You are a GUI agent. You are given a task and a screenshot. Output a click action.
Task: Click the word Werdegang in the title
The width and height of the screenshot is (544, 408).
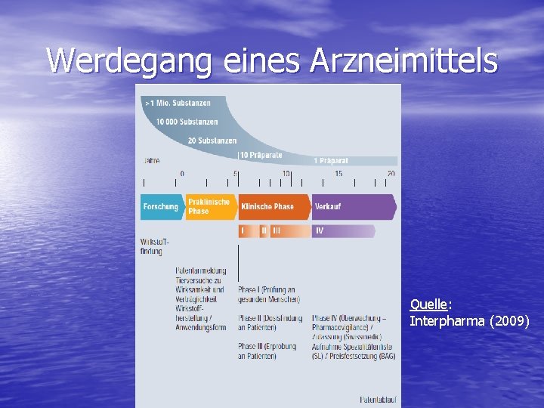129,61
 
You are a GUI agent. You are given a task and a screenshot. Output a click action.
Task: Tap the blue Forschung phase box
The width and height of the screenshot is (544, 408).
161,206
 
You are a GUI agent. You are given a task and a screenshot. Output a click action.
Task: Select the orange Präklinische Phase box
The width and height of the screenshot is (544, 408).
209,206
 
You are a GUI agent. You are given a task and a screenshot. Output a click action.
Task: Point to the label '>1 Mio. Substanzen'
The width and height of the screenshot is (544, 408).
178,103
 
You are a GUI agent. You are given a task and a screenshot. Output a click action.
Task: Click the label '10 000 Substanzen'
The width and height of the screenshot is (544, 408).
187,122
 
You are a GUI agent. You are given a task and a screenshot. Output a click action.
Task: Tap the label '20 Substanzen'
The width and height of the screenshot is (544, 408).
212,141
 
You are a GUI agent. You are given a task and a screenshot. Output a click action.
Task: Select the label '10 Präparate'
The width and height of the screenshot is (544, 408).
261,155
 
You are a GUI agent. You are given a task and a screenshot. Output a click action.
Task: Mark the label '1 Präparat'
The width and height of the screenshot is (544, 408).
331,160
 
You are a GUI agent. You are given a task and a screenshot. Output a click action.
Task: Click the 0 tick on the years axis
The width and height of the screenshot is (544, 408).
181,174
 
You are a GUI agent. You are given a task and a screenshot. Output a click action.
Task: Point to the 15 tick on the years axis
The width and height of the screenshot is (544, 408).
338,174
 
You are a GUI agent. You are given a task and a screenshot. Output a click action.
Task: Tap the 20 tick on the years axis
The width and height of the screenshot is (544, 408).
391,174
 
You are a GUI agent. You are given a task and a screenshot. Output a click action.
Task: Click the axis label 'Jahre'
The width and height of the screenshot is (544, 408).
151,160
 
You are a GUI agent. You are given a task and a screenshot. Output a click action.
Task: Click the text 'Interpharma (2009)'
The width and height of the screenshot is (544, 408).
469,321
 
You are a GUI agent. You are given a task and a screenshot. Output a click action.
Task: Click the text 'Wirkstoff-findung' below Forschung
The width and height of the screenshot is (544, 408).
153,246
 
